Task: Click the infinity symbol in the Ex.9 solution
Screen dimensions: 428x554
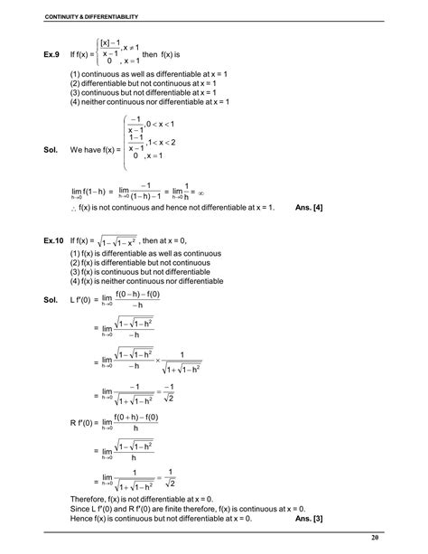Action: pos(203,191)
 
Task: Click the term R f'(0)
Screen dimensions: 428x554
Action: pos(84,422)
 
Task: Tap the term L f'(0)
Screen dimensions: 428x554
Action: pos(83,298)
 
